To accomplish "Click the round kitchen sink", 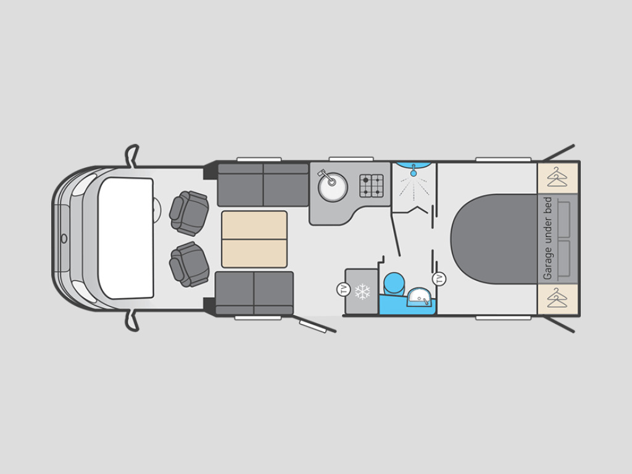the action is tap(333, 186).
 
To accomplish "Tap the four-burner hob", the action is tap(371, 185).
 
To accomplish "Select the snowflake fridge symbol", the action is tap(362, 291).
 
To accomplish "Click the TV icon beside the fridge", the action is tap(343, 289).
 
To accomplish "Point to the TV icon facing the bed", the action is tap(439, 279).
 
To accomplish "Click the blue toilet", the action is tap(394, 284).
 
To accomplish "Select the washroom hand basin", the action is tap(420, 297).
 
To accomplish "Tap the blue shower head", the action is tap(413, 171).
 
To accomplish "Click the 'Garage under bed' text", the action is tap(547, 238).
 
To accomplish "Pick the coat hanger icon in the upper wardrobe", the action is tap(557, 177).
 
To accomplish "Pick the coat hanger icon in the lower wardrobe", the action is tap(557, 298).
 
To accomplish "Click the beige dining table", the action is tap(254, 239).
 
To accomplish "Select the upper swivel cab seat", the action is tap(189, 213).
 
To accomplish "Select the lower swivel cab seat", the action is tap(189, 264).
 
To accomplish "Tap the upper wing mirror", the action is tap(132, 155).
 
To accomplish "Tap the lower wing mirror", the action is tap(132, 321).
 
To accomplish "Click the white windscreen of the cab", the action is tap(126, 238).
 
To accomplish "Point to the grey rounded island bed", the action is tap(494, 239).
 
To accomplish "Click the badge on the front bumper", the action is tap(64, 239).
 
